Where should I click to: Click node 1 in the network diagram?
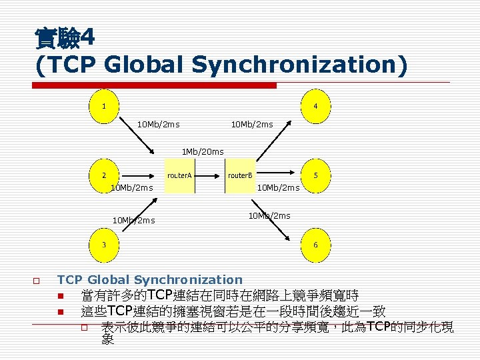click(103, 107)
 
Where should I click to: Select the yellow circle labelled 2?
click(103, 176)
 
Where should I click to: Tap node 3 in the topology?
click(103, 245)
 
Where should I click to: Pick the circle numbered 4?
click(315, 107)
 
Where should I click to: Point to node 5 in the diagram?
click(315, 176)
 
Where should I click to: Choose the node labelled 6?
click(315, 245)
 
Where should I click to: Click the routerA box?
click(179, 176)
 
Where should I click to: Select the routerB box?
click(240, 176)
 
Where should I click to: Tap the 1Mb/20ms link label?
click(203, 152)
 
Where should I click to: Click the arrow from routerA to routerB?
click(210, 176)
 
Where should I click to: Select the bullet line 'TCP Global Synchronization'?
click(150, 280)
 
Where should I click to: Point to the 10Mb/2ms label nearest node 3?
click(134, 220)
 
